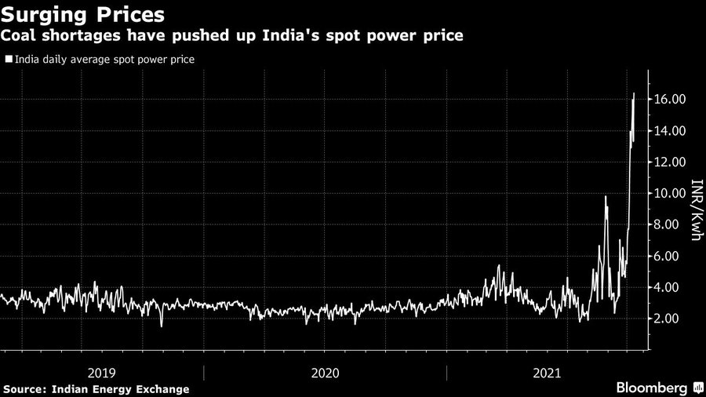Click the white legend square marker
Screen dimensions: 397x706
(x=8, y=59)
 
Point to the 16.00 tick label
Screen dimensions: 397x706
(x=672, y=99)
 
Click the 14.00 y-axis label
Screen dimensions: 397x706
(x=672, y=130)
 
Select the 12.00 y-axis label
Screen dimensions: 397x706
(x=672, y=162)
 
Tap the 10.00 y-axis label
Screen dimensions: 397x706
(x=672, y=193)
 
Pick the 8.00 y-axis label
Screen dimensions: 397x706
(x=675, y=224)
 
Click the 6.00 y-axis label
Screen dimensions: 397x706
(x=675, y=256)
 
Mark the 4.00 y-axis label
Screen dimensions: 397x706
(x=675, y=287)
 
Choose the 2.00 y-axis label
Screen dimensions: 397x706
(x=675, y=319)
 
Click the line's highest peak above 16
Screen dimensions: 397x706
(x=634, y=94)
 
